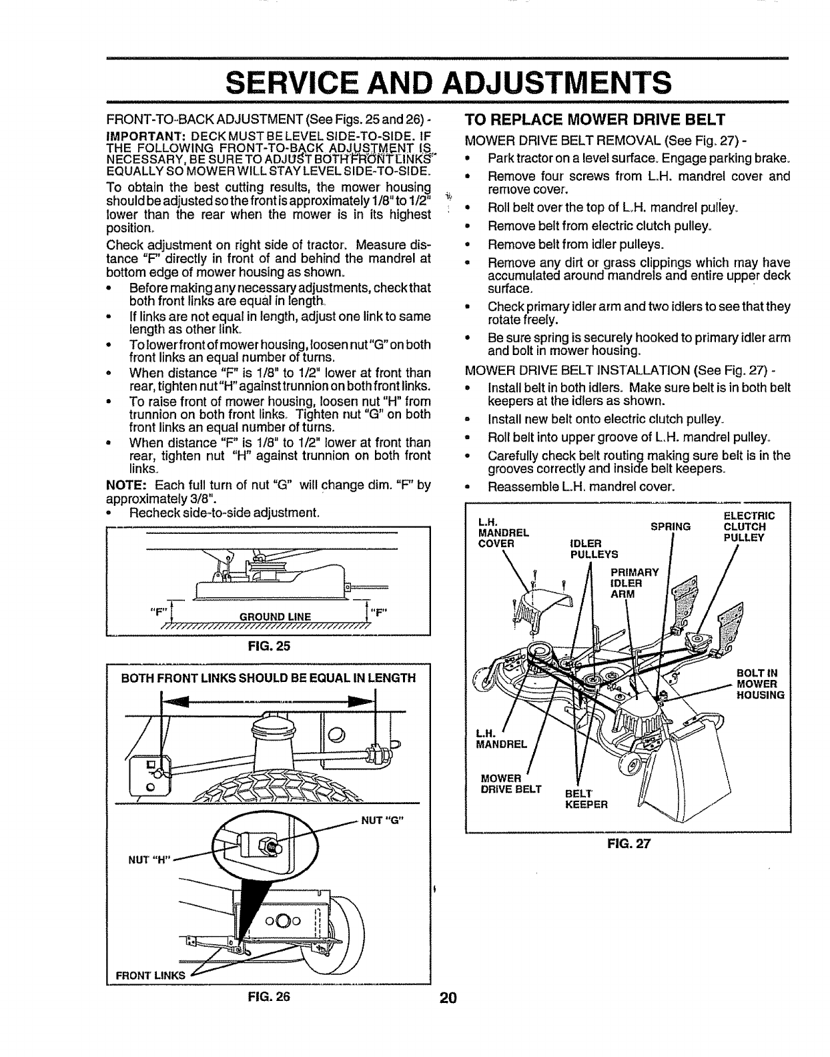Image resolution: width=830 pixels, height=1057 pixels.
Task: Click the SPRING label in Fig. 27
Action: click(670, 526)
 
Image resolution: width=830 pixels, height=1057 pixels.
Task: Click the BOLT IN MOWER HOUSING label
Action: click(760, 684)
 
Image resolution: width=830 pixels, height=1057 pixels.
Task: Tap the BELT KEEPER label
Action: click(586, 799)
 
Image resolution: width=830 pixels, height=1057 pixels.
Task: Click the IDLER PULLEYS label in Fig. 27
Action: click(593, 547)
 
